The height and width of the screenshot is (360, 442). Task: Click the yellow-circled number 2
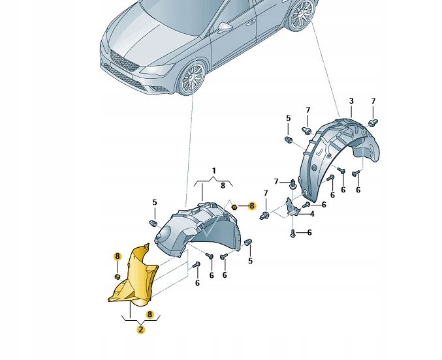tap(140, 330)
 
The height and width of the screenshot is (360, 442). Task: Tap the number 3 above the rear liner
tap(351, 101)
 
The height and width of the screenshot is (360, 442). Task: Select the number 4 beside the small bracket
tap(312, 213)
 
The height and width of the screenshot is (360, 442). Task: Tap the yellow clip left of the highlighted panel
tap(117, 277)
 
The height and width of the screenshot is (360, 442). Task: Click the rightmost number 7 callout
tap(373, 101)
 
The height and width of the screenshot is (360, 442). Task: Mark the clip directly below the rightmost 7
tap(373, 121)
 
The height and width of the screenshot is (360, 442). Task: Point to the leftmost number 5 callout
tap(155, 202)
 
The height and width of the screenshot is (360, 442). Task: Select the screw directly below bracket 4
tap(293, 232)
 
